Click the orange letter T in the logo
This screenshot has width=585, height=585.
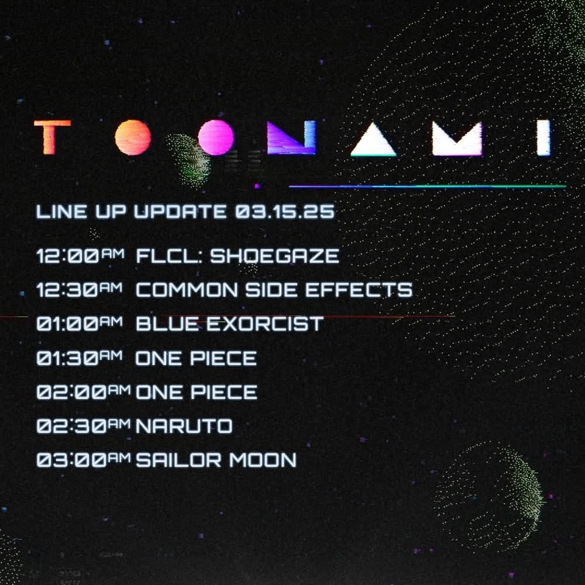click(51, 137)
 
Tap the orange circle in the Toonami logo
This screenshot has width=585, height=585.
click(133, 137)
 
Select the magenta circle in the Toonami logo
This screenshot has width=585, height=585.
click(216, 137)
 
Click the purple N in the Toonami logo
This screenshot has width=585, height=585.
click(291, 137)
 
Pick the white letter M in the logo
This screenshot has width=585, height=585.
click(457, 138)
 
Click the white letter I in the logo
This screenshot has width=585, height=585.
click(543, 137)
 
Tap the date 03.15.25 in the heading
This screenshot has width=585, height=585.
click(285, 212)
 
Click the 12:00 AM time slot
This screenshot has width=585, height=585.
click(80, 256)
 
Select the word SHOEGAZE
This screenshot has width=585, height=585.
click(274, 256)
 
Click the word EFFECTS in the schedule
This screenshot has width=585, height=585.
click(359, 290)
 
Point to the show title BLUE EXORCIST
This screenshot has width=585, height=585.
click(229, 324)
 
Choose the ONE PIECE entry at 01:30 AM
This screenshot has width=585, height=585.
click(196, 358)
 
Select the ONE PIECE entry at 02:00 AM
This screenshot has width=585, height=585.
click(197, 392)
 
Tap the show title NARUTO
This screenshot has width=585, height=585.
click(184, 426)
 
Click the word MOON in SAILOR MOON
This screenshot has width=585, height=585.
click(263, 460)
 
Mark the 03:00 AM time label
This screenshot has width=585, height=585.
click(84, 460)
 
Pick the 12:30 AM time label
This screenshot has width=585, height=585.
click(80, 290)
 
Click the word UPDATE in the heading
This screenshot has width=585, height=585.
click(180, 212)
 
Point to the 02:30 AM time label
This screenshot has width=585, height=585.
click(84, 426)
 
